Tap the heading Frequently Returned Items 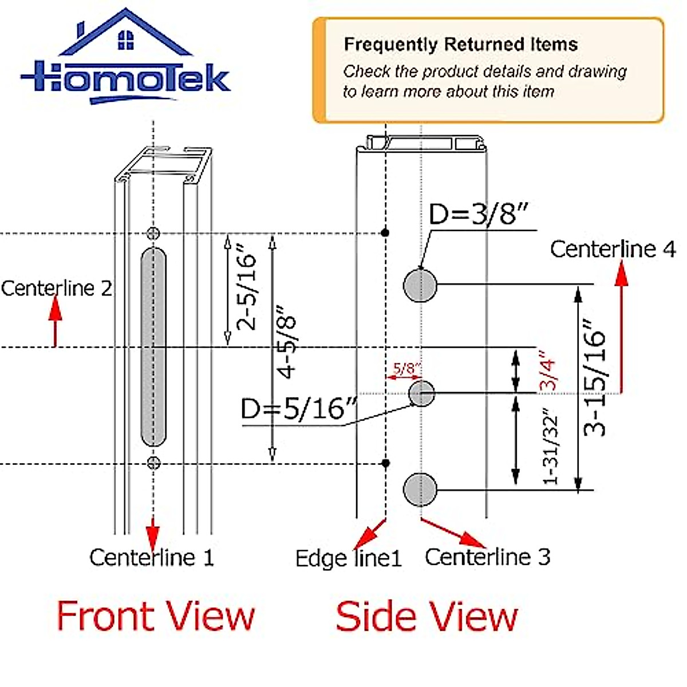tap(460, 45)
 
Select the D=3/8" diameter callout tap(477, 215)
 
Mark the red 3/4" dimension tap(548, 371)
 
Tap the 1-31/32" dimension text tap(550, 447)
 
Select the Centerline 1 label tap(152, 557)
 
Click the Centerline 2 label tap(56, 288)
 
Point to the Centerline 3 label tap(487, 556)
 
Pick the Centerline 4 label tap(613, 249)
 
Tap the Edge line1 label tap(348, 558)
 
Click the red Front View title tap(155, 617)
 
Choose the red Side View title tap(427, 617)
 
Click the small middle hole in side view tap(421, 393)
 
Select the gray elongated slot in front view tap(153, 347)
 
